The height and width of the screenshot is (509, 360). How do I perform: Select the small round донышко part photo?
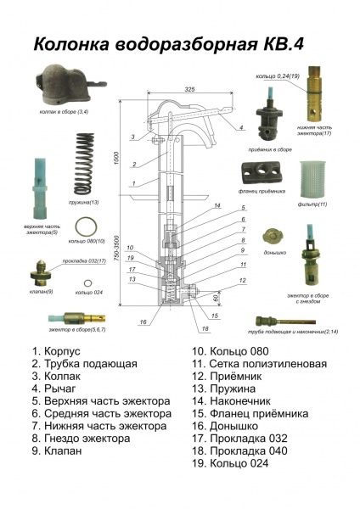coord(271,237)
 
